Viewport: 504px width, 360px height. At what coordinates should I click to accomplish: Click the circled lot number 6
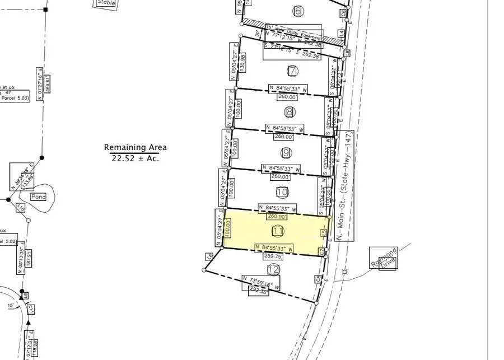[x=297, y=11]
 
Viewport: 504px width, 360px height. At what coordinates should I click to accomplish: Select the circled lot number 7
[x=292, y=71]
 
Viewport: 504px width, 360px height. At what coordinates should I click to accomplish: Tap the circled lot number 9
[x=286, y=152]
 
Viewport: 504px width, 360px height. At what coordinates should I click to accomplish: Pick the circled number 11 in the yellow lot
[x=278, y=231]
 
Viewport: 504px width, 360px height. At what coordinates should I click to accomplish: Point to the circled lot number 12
[x=273, y=270]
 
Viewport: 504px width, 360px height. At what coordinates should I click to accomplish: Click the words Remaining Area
[x=135, y=147]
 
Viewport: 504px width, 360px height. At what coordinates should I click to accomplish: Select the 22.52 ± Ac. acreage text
[x=135, y=158]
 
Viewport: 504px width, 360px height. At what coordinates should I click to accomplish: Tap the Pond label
[x=39, y=197]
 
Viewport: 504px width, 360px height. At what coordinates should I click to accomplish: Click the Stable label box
[x=105, y=3]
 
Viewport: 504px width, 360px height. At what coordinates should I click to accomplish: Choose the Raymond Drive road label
[x=382, y=259]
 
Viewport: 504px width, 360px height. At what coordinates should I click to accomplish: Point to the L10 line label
[x=21, y=208]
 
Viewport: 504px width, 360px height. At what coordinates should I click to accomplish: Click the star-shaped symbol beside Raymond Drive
[x=344, y=272]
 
